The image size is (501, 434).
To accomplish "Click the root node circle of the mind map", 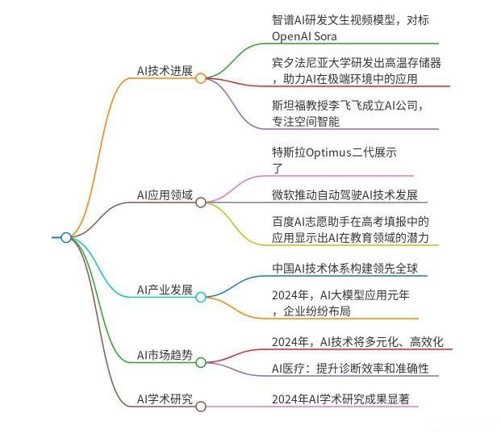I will (66, 237).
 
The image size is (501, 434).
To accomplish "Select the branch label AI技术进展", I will (165, 71).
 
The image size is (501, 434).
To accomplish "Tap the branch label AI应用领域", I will (165, 194).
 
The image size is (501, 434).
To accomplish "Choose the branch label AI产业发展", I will (165, 290).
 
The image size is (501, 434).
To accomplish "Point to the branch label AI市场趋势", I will (165, 355).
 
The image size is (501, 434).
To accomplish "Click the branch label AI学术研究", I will (165, 399).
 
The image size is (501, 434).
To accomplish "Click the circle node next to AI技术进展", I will (201, 78).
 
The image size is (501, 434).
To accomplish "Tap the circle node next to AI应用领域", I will (201, 202).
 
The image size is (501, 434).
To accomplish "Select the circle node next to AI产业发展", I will (201, 297).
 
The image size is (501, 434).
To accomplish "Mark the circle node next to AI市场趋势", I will (201, 362).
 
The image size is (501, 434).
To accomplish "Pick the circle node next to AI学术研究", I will (201, 407).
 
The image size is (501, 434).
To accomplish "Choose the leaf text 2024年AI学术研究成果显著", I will (346, 399).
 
